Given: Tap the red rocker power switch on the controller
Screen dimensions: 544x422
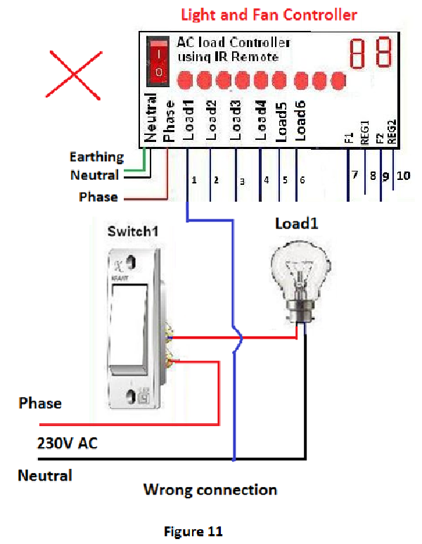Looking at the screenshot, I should [x=159, y=62].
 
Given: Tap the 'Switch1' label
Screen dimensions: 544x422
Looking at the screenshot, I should [x=130, y=231].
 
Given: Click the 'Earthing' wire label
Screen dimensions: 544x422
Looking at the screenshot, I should [x=96, y=157].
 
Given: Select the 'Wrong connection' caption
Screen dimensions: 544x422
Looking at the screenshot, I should [x=210, y=489].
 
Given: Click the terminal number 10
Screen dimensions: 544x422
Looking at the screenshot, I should [x=403, y=176].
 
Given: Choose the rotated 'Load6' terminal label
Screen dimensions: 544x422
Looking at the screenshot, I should [x=300, y=119].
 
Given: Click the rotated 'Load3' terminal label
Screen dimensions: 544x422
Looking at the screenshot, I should [x=236, y=119].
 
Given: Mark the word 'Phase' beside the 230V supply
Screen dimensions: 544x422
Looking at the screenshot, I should [x=40, y=403].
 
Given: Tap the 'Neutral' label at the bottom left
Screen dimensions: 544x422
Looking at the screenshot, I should [x=45, y=476].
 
